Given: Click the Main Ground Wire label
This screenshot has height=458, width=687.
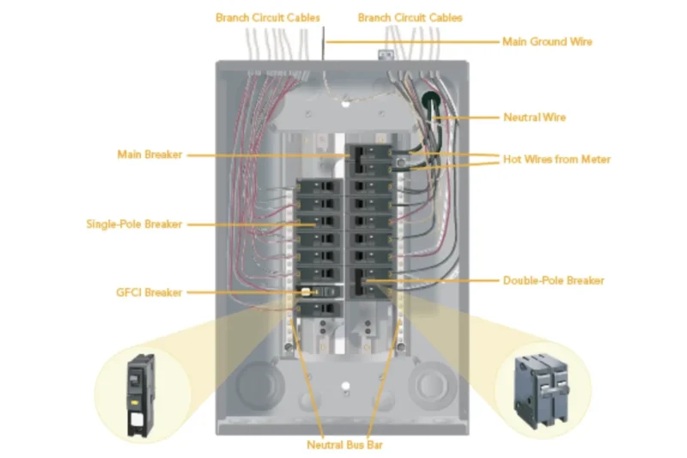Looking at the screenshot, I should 547,41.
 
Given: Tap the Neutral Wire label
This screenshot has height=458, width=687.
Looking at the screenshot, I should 534,117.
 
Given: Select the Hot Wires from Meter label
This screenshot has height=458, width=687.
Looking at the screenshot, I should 557,159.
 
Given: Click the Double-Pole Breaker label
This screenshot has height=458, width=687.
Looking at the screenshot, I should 553,280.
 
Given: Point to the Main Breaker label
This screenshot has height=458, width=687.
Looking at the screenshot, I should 149,155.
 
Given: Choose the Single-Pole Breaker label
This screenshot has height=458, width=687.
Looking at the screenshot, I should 134,224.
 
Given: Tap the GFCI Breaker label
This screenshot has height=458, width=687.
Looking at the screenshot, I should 150,292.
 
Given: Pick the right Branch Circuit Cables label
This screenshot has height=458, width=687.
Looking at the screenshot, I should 410,17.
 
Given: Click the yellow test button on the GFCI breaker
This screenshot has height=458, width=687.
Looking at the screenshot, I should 305,292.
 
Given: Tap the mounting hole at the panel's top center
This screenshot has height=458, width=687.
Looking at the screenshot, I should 344,101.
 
